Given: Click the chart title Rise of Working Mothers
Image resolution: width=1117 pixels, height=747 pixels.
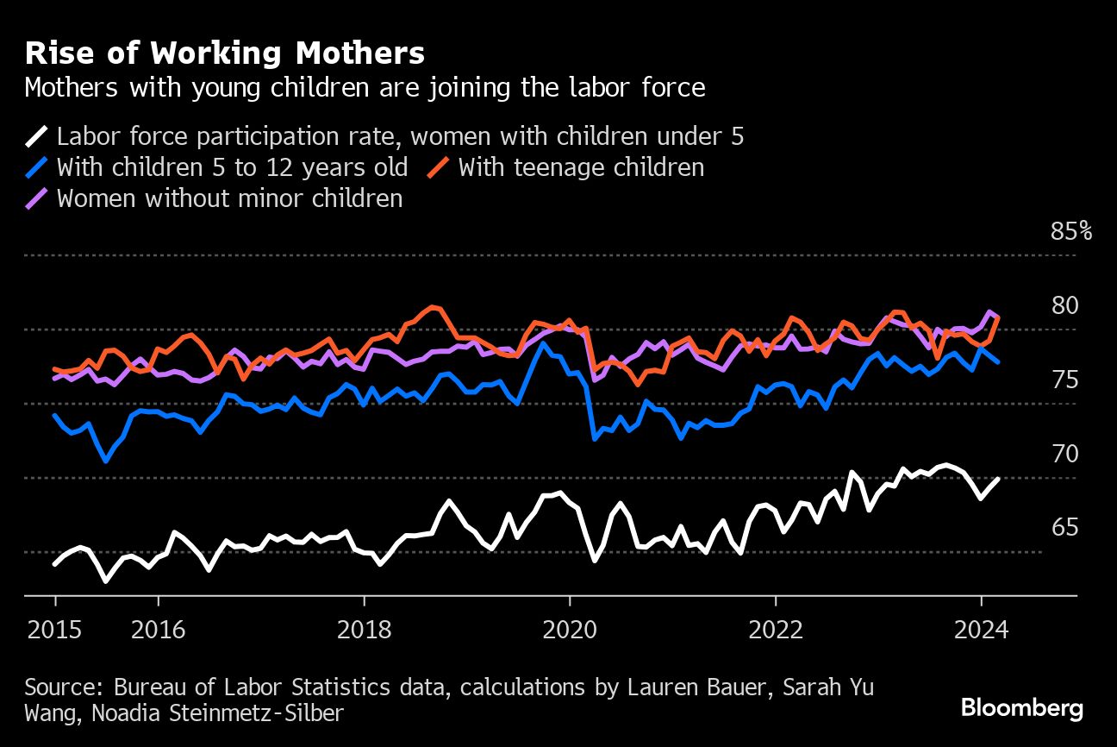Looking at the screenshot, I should (225, 53).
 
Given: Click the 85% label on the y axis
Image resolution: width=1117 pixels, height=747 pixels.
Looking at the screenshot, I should (1070, 231).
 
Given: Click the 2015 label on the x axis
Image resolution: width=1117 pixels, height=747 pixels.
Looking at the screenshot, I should (55, 629).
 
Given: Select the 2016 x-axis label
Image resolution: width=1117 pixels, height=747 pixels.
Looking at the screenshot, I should (158, 629).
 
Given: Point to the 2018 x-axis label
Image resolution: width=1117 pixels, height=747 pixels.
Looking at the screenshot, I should (364, 629).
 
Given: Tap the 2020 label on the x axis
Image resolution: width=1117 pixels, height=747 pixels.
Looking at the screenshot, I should (569, 629).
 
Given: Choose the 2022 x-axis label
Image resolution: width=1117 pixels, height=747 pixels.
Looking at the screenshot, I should (775, 629).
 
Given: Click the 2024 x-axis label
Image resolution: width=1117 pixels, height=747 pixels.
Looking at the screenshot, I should (981, 629).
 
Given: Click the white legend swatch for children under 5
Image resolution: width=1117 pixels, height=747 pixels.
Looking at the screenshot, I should (37, 136).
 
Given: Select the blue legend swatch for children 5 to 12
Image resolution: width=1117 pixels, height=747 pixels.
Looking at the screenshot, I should (37, 167).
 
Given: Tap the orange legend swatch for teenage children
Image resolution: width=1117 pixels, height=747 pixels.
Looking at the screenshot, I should (439, 167).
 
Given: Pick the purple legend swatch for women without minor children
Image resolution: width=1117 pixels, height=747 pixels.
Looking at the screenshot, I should (37, 198).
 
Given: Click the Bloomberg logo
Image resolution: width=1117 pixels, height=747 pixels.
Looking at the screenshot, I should (1022, 708).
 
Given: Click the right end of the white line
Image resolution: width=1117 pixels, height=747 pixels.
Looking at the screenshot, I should (998, 479).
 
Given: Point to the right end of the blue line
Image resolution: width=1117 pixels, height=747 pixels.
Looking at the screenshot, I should (998, 361).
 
